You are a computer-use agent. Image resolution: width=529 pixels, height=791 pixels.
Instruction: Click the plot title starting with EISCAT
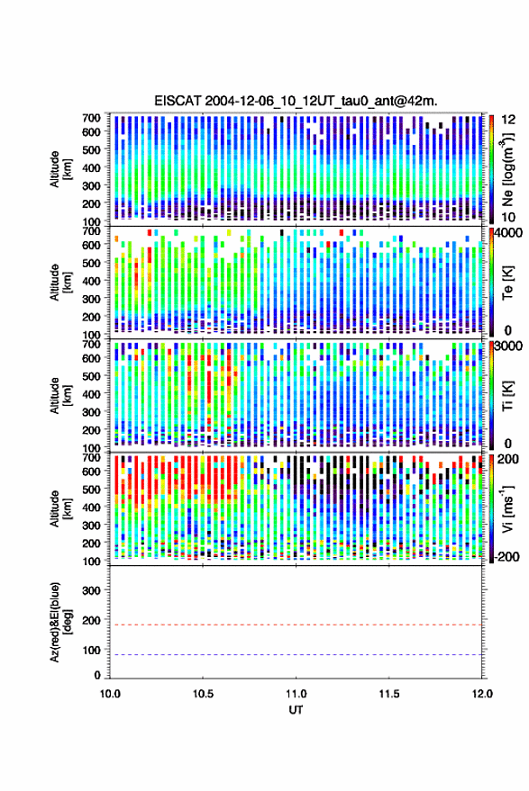(296, 101)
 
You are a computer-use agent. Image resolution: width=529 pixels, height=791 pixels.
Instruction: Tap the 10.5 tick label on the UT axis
(203, 694)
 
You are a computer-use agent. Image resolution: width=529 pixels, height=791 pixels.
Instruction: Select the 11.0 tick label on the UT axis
(296, 694)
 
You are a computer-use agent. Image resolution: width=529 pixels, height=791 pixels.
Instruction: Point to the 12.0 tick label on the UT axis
(482, 694)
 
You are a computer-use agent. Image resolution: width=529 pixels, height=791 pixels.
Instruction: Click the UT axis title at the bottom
(296, 710)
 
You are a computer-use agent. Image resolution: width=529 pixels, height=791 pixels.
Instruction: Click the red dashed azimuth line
(296, 625)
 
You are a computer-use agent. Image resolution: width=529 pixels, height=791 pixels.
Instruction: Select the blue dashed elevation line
(296, 654)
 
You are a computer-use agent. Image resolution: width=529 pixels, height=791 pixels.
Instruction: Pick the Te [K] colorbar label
(507, 283)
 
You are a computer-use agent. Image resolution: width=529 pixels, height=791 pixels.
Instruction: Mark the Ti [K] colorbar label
(507, 396)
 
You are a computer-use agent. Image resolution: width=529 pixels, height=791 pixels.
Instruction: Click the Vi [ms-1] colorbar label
(507, 508)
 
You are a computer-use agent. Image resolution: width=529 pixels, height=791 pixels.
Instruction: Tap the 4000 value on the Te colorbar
(510, 234)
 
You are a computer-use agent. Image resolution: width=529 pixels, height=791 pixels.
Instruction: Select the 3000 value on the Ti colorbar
(510, 346)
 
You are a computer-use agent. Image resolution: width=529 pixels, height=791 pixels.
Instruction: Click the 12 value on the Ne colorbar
(509, 120)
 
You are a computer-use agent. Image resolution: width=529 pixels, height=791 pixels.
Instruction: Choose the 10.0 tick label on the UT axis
(110, 694)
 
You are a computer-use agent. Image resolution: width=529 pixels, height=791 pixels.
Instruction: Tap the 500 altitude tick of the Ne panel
(91, 149)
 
